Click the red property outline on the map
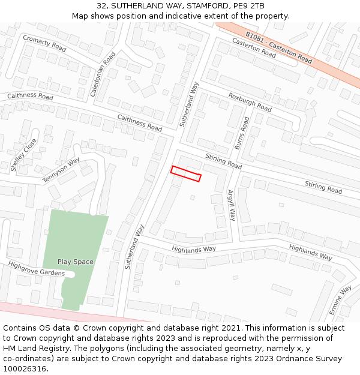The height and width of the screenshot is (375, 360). pyautogui.click(x=185, y=173)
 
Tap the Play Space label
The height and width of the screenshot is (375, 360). pyautogui.click(x=76, y=262)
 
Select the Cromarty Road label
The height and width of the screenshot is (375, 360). pyautogui.click(x=44, y=43)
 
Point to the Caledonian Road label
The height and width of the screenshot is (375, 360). pyautogui.click(x=103, y=74)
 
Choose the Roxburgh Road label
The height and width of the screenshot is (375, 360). pyautogui.click(x=250, y=102)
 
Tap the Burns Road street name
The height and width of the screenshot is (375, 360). pyautogui.click(x=242, y=133)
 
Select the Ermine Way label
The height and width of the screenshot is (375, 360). pyautogui.click(x=343, y=301)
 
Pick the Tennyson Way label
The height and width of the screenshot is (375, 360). pyautogui.click(x=61, y=171)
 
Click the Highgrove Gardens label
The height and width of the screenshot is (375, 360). pyautogui.click(x=36, y=269)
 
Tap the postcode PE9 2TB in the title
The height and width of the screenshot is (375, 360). pyautogui.click(x=250, y=5)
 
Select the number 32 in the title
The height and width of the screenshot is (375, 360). pyautogui.click(x=101, y=5)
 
